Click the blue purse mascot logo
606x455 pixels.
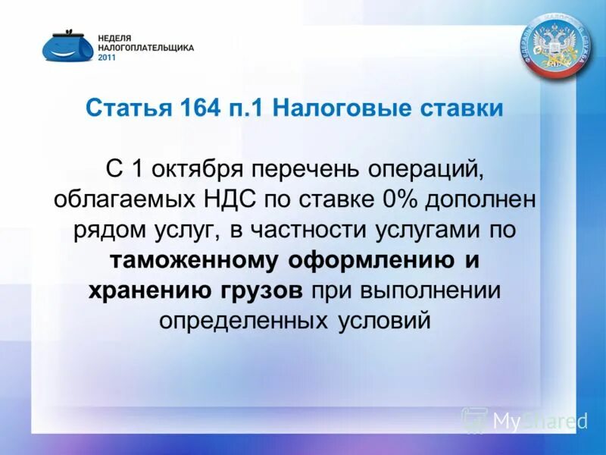67,45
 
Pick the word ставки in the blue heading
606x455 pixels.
462,108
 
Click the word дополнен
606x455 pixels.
478,199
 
